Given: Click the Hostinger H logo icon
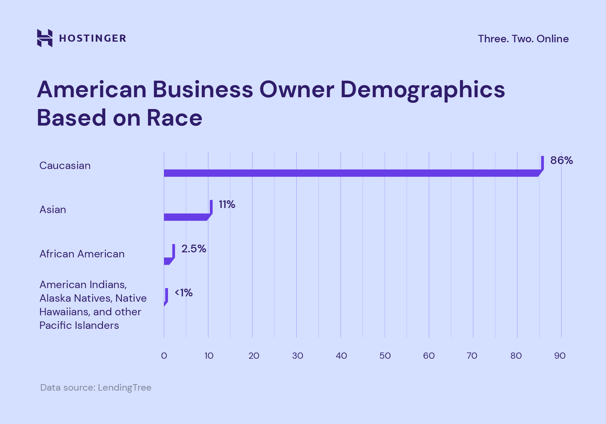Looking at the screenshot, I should (x=45, y=38).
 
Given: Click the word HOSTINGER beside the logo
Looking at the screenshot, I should (x=93, y=38).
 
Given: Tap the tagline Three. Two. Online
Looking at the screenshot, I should (x=523, y=39).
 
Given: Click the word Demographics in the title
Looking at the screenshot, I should (x=423, y=90).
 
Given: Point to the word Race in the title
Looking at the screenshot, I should (x=174, y=118).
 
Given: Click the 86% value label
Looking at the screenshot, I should (x=561, y=160).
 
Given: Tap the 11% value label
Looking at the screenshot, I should (x=227, y=204).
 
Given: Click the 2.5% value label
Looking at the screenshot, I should (x=194, y=249).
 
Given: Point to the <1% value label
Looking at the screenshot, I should (x=184, y=293).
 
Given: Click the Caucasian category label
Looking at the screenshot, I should (x=65, y=165).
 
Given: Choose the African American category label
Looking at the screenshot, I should (x=82, y=254).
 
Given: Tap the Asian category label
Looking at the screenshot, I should (x=53, y=210).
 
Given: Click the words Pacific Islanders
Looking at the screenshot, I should (x=79, y=325).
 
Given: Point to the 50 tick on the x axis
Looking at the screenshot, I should (x=385, y=356).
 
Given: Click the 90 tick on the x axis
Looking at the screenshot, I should (x=560, y=356).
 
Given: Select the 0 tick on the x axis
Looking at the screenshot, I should (x=164, y=356).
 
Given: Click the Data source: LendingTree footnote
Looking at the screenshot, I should (x=96, y=387).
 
